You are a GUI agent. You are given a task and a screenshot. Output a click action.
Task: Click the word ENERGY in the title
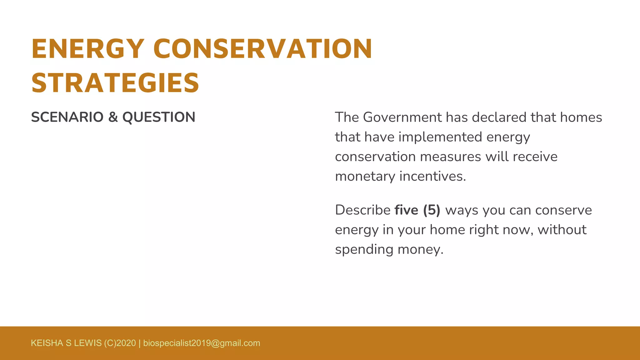point(88,49)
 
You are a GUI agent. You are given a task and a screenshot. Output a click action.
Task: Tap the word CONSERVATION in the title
point(262,49)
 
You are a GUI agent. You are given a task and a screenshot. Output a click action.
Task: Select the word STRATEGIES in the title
point(115,83)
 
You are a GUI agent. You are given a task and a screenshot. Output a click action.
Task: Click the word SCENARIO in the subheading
point(67,117)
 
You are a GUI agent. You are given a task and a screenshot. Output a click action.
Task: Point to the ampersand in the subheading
point(112,117)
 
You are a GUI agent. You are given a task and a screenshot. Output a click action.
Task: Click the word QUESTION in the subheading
point(159,117)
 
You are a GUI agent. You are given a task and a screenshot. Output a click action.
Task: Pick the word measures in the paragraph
point(450,157)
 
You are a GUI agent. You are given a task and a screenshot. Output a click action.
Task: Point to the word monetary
point(365,177)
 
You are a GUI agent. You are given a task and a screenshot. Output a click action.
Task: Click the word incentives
point(432,177)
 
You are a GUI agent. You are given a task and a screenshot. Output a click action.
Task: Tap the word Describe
point(362,210)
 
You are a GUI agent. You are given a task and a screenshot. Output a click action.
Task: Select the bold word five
point(406,210)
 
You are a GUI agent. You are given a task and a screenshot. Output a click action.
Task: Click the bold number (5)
point(432,210)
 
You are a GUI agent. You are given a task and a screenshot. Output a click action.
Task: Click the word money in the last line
point(420,250)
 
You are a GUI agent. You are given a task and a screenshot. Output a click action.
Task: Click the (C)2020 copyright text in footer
point(120,343)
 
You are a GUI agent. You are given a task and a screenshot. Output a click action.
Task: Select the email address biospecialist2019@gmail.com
point(202,343)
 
